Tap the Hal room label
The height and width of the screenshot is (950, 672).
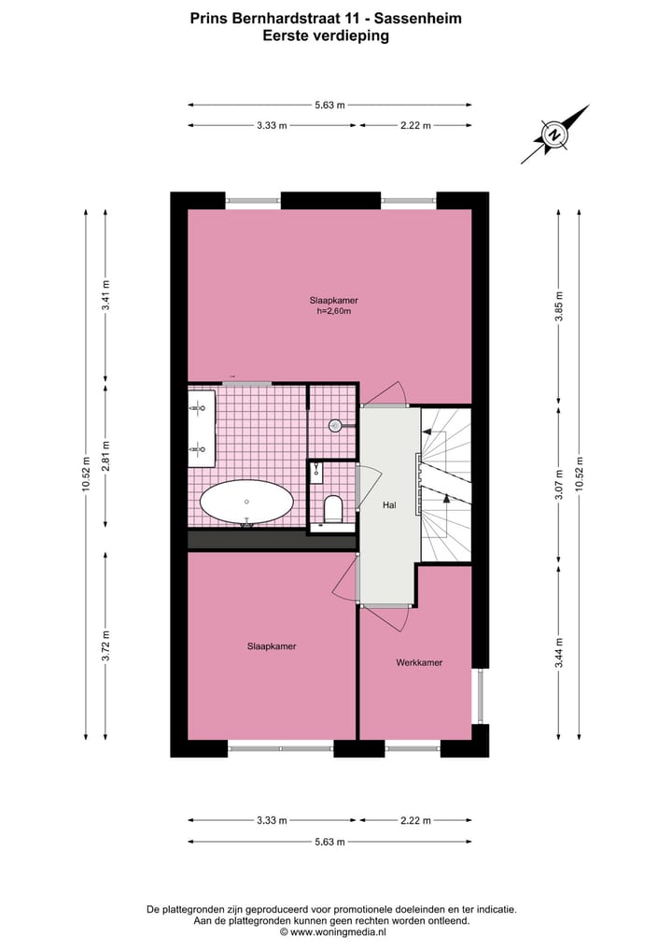click(x=389, y=505)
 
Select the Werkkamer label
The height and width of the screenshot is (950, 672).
click(x=418, y=662)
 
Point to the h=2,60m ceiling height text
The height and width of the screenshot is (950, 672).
click(x=334, y=311)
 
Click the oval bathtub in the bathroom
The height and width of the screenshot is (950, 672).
click(x=245, y=503)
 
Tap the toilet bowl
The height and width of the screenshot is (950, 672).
click(x=333, y=510)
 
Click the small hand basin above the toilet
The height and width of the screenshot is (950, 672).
click(x=316, y=470)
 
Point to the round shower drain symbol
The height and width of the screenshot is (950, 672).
click(x=335, y=425)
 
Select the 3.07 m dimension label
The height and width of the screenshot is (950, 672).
click(x=560, y=485)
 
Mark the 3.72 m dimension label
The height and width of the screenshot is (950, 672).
click(x=106, y=645)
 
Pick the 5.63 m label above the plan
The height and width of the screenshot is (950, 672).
click(x=329, y=105)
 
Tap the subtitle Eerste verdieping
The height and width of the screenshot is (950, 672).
click(x=326, y=36)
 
